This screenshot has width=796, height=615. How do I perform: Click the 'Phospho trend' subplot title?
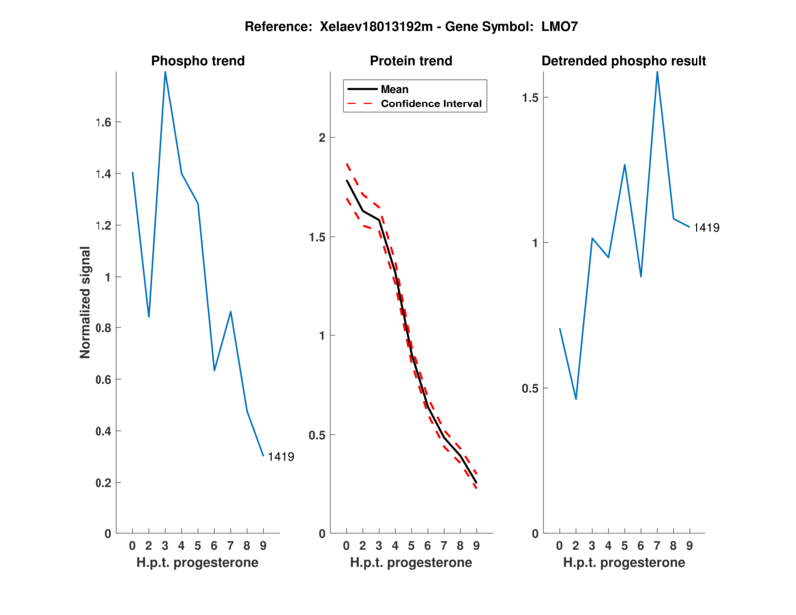pyautogui.click(x=198, y=61)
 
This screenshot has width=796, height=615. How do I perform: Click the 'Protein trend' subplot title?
pyautogui.click(x=411, y=61)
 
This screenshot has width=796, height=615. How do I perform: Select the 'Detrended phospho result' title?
pyautogui.click(x=624, y=61)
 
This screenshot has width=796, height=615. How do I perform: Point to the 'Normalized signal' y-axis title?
pyautogui.click(x=86, y=303)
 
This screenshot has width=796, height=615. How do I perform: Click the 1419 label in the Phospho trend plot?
pyautogui.click(x=281, y=457)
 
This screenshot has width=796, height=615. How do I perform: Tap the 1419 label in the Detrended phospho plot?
pyautogui.click(x=706, y=228)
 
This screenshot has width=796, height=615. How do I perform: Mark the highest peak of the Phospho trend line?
pyautogui.click(x=165, y=72)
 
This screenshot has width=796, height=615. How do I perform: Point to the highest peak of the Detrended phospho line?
pyautogui.click(x=657, y=72)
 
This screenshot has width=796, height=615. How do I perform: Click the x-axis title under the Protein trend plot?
pyautogui.click(x=411, y=563)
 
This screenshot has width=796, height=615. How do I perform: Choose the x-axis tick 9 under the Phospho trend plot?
pyautogui.click(x=263, y=545)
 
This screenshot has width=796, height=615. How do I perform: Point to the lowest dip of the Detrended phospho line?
pyautogui.click(x=576, y=399)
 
